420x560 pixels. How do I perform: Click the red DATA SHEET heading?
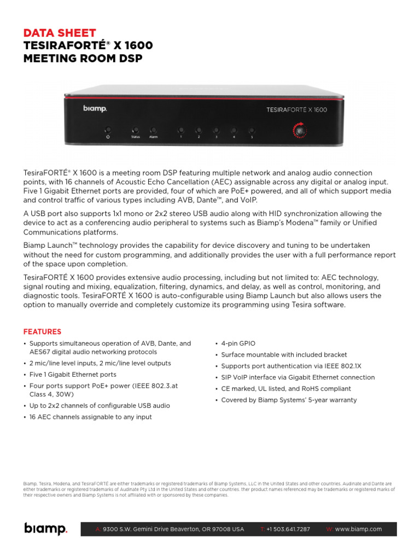pos(59,33)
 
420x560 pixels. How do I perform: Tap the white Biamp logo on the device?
pos(95,108)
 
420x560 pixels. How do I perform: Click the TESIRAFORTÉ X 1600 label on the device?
pos(296,109)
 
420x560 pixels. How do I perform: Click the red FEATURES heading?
pos(42,332)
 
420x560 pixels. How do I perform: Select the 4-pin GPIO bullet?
pos(238,343)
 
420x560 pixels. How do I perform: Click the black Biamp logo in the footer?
pos(45,529)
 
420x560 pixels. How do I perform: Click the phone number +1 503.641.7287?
pos(288,529)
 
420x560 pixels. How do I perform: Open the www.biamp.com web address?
pos(358,529)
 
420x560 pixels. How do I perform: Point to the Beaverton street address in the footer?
pos(173,529)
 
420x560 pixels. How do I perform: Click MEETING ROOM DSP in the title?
pos(83,57)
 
